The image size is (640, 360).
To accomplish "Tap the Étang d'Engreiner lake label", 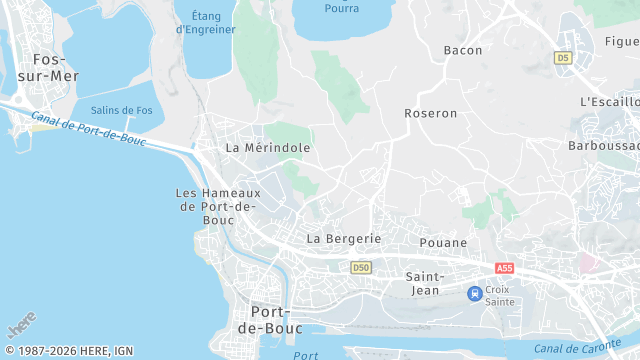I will pos(206,22).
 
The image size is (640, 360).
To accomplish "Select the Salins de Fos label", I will pos(121,110).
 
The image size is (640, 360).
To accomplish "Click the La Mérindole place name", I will pos(268,147).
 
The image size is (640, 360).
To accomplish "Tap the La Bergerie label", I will pos(344,239).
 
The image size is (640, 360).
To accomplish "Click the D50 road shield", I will pos(362,268).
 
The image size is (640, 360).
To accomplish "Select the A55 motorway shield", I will pos(504,268).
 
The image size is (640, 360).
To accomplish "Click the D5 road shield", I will pos(563,58).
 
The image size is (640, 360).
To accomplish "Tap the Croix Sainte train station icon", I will pos(475,293).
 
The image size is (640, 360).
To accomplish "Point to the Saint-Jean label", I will pos(424,283).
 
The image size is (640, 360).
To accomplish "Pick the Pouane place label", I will pos(444,243).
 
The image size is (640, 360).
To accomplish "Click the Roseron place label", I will pos(430,114).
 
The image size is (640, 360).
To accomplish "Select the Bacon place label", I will pos(462,50).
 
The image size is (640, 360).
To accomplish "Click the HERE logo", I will pos(22,326).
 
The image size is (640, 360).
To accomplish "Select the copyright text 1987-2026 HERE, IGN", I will pos(68,351).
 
